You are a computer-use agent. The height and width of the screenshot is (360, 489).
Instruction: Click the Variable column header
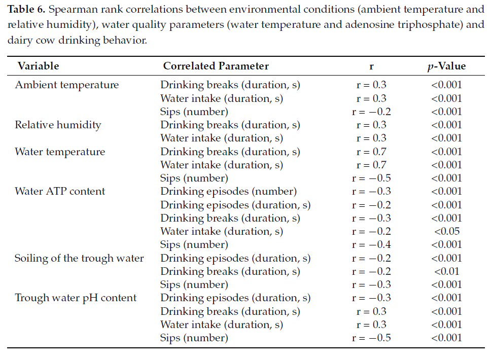tap(39, 66)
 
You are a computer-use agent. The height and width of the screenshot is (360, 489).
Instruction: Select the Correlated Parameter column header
tap(216, 66)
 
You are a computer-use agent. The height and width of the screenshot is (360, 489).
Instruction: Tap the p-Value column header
tap(446, 66)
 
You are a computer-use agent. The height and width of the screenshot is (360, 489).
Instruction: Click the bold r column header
tap(371, 66)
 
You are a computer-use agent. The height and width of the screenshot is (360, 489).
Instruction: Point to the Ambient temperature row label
tap(67, 85)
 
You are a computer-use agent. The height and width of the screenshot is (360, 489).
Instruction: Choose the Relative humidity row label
tap(58, 125)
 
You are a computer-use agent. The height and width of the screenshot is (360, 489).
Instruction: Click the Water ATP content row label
tap(60, 191)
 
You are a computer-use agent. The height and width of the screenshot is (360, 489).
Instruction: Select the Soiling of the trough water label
tap(79, 258)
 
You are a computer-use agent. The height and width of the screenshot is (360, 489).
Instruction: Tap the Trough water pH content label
tap(76, 298)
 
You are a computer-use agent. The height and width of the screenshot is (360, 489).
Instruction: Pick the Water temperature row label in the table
tap(60, 152)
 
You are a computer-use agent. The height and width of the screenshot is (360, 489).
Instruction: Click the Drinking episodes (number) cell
tap(228, 192)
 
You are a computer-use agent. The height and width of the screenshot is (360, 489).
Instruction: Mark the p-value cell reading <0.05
tap(446, 231)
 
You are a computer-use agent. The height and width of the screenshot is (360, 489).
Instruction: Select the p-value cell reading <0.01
tap(446, 271)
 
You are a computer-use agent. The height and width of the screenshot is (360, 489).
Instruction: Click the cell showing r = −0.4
tap(371, 244)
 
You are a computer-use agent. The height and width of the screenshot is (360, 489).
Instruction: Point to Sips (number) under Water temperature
tap(194, 178)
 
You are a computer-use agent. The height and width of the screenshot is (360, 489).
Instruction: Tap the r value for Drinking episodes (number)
tap(371, 192)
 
